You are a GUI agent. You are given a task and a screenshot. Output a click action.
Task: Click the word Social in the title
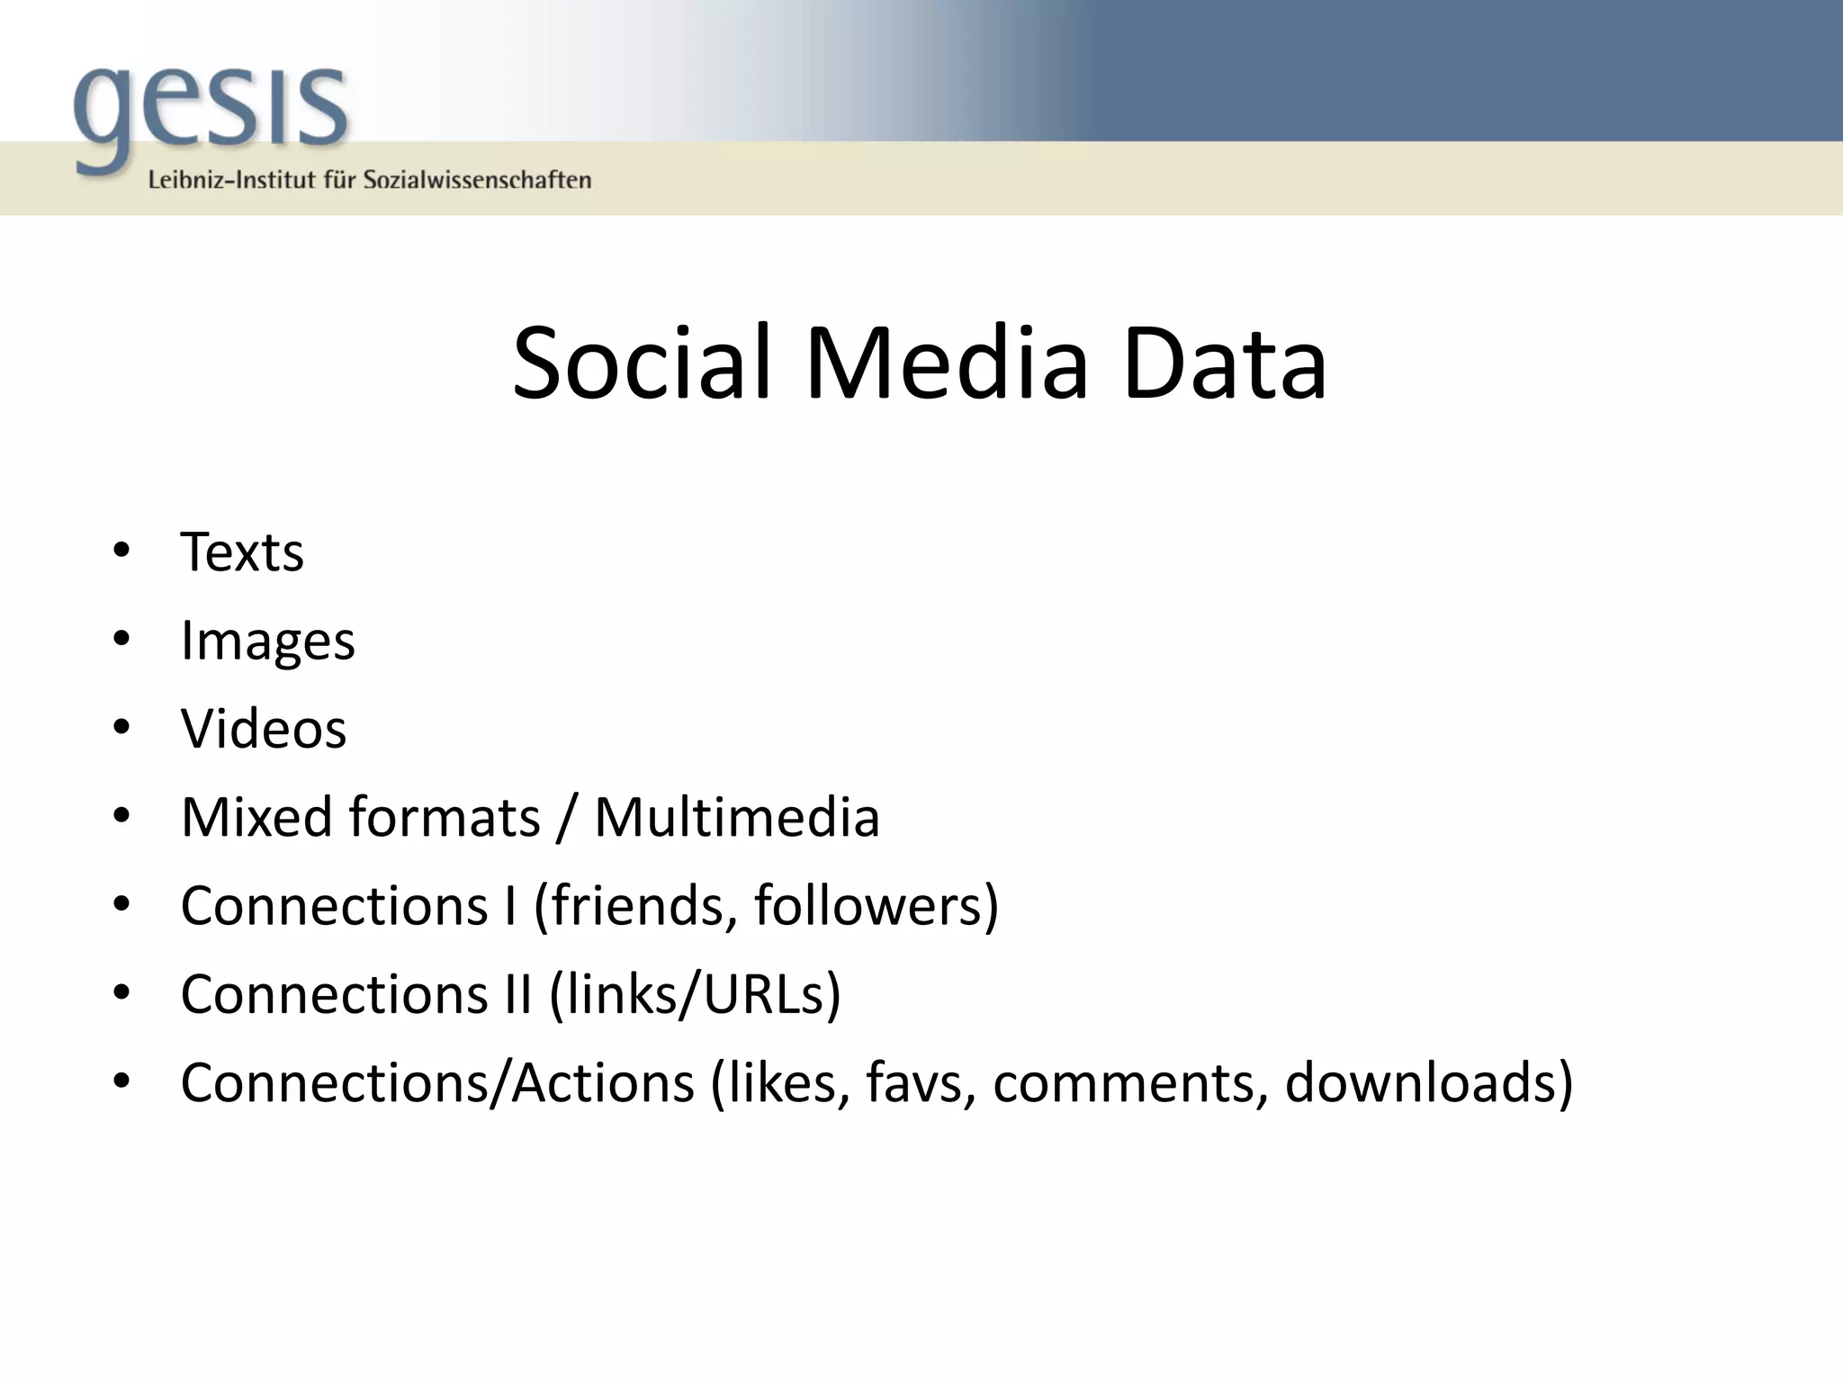(x=642, y=364)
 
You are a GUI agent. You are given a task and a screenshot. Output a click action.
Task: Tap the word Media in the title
(x=946, y=364)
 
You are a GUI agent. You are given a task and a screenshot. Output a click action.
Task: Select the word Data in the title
(x=1224, y=364)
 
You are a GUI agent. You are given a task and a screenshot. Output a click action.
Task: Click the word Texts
(x=242, y=552)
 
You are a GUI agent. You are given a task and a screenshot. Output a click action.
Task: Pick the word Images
(x=267, y=642)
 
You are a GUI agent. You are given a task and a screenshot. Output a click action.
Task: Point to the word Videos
(x=263, y=729)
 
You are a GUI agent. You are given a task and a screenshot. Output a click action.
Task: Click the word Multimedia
(x=736, y=817)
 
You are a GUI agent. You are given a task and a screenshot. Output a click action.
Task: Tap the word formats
(x=444, y=817)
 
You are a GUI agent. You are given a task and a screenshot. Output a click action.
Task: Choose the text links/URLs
(x=696, y=994)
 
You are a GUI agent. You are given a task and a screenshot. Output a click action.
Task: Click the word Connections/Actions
(x=437, y=1082)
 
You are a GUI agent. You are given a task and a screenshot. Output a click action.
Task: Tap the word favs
(x=920, y=1082)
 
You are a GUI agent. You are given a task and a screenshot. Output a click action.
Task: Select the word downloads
(x=1422, y=1082)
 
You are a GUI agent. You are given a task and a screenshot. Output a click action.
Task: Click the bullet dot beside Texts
(x=121, y=550)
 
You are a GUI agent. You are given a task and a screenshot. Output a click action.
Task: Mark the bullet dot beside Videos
(x=121, y=726)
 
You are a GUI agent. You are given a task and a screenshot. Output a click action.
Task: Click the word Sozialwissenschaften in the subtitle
(x=477, y=180)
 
